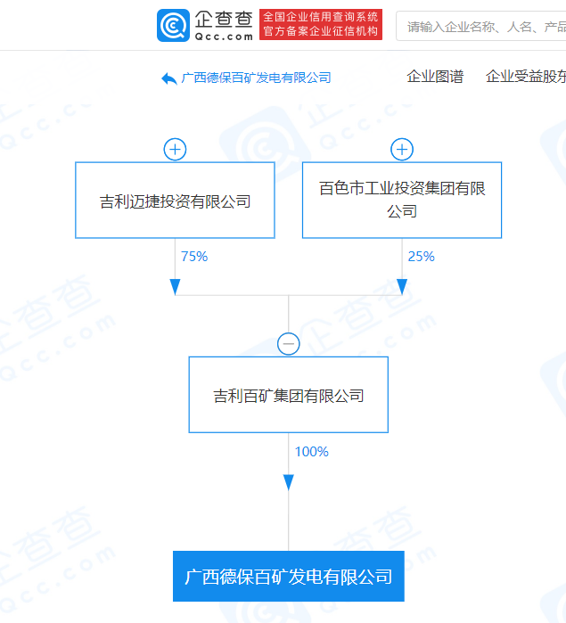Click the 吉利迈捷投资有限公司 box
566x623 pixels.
coord(175,201)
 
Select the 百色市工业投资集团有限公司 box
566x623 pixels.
coord(402,201)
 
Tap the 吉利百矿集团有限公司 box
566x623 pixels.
coord(289,395)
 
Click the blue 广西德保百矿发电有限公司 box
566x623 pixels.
coord(289,576)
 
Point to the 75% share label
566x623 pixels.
coord(194,257)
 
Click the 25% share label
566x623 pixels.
coord(422,257)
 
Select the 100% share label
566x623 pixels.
coord(312,452)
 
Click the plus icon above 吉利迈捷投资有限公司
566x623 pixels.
coord(175,150)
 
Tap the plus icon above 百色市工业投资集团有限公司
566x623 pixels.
coord(402,150)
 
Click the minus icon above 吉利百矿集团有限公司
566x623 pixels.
coord(289,344)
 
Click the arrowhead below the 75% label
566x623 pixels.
coord(175,287)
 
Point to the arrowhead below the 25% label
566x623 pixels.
coord(402,287)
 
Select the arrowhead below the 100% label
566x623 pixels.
coord(289,482)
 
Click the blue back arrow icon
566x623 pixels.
coord(169,78)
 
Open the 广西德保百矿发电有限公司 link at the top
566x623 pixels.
coord(257,78)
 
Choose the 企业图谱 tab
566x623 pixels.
coord(435,77)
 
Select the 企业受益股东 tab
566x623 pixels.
coord(526,77)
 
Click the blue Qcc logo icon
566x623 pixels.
coord(173,26)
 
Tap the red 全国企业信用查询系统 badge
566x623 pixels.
coord(321,24)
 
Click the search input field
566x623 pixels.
coord(481,26)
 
